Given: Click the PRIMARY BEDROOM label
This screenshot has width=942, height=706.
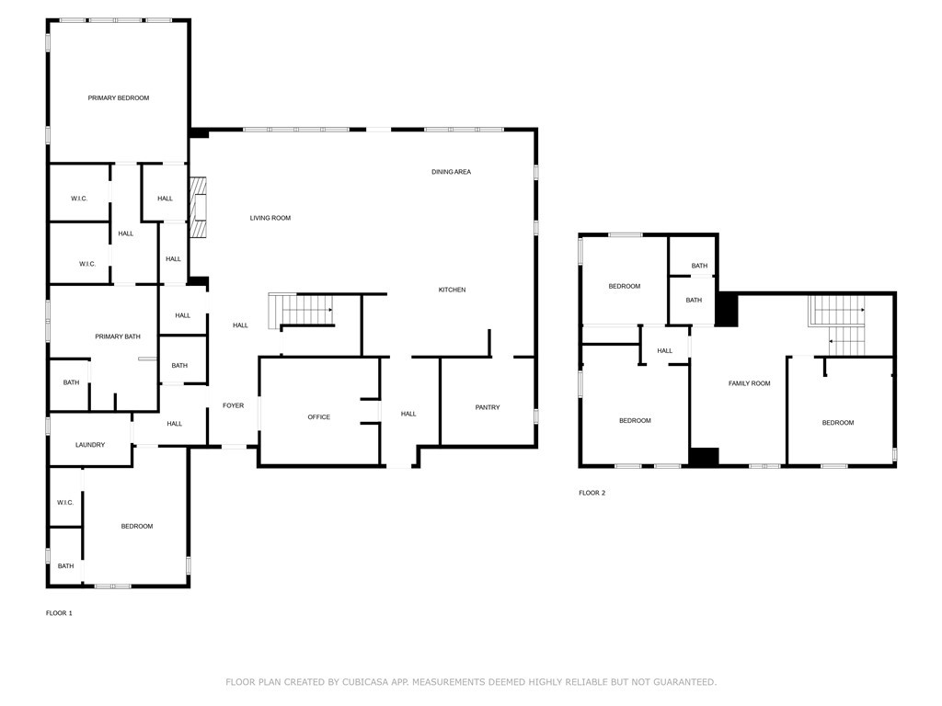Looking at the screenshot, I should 118,97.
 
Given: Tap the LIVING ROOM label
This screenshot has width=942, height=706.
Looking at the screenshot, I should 270,218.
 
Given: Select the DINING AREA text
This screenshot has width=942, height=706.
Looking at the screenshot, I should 451,171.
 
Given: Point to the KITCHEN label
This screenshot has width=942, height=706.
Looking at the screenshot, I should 452,290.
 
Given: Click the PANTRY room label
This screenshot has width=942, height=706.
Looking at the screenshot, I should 488,407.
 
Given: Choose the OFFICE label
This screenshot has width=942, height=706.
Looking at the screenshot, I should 318,417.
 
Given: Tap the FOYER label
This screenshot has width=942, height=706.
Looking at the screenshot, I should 233,405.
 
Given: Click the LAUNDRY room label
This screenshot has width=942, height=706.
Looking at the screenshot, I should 90,445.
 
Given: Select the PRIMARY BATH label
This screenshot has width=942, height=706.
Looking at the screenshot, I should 118,336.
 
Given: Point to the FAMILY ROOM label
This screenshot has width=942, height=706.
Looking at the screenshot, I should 749,383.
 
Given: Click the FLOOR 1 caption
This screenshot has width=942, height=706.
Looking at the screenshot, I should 59,612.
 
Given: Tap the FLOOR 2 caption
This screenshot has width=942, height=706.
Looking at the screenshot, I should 592,493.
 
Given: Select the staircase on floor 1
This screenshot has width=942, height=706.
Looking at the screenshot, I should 300,311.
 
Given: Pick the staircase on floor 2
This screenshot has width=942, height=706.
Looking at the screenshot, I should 837,326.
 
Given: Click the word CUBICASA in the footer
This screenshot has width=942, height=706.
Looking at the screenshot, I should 365,682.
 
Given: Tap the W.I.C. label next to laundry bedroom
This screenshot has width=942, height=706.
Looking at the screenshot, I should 64,503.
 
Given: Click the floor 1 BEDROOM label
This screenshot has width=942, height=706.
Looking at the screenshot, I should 136,526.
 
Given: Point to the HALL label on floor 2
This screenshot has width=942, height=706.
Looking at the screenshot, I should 664,350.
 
